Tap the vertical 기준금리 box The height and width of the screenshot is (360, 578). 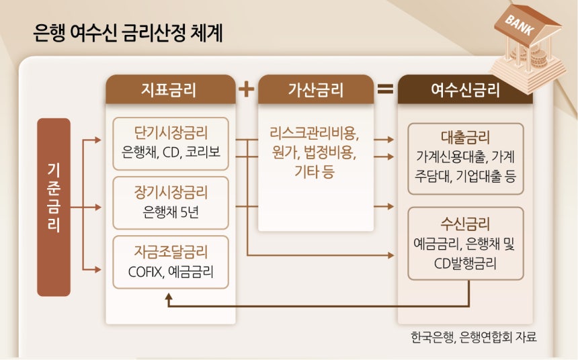pyautogui.click(x=54, y=207)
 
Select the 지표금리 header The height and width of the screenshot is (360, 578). pyautogui.click(x=171, y=89)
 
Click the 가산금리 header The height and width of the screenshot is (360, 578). pyautogui.click(x=316, y=89)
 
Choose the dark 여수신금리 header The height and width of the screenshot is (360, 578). pyautogui.click(x=465, y=89)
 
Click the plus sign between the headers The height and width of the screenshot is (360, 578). pyautogui.click(x=247, y=89)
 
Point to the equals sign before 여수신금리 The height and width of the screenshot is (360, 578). pyautogui.click(x=385, y=89)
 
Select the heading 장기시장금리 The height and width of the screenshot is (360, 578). pyautogui.click(x=171, y=192)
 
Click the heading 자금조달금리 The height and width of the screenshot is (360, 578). pyautogui.click(x=171, y=253)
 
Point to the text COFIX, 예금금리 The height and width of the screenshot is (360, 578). pyautogui.click(x=171, y=273)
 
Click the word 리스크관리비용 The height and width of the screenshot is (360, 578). pyautogui.click(x=315, y=131)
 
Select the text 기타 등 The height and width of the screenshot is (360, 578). pyautogui.click(x=315, y=173)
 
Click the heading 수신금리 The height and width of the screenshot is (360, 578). pyautogui.click(x=465, y=224)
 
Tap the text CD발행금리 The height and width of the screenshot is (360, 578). pyautogui.click(x=465, y=263)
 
